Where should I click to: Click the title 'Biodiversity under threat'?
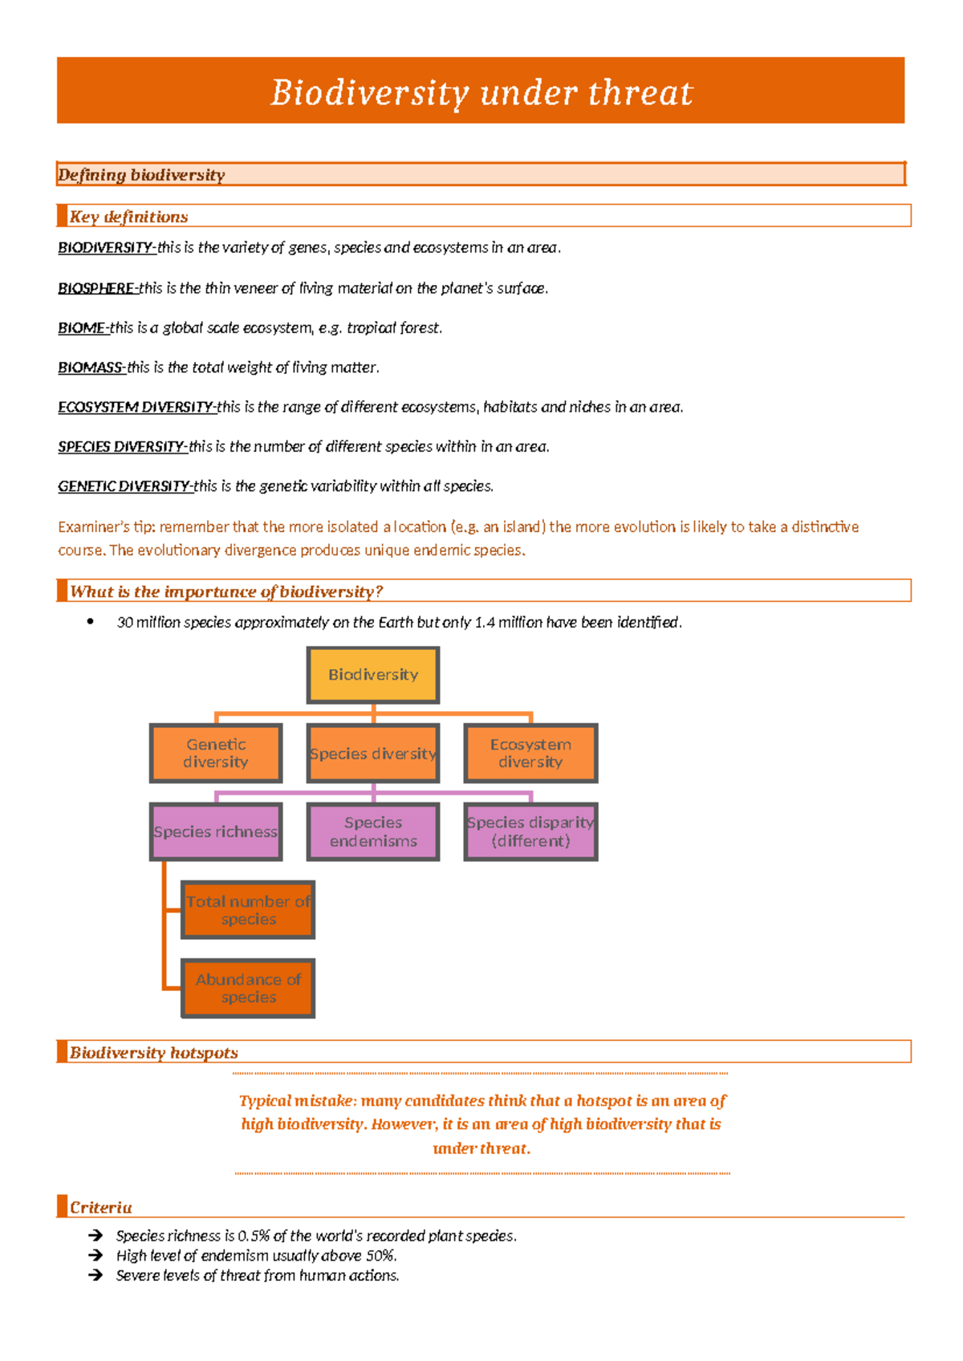click(x=481, y=92)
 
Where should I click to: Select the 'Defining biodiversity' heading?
click(x=141, y=175)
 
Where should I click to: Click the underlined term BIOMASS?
click(x=91, y=368)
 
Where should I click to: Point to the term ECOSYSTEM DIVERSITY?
click(x=136, y=407)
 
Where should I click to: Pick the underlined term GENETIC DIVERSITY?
click(x=124, y=486)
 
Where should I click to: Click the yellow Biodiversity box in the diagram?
click(x=373, y=675)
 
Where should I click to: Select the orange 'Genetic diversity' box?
click(x=216, y=754)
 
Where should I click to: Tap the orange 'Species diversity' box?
click(x=373, y=754)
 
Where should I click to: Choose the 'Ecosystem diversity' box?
click(x=530, y=754)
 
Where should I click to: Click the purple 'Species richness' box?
click(x=216, y=832)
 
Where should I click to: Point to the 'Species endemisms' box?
click(x=373, y=832)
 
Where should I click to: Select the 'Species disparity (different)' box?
click(x=530, y=832)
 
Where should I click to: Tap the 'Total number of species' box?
click(x=248, y=910)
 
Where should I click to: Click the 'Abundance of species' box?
click(x=248, y=988)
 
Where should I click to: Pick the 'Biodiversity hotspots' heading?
click(x=153, y=1053)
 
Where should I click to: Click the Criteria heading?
click(x=100, y=1208)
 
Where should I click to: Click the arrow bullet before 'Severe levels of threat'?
click(x=95, y=1275)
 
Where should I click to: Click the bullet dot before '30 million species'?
click(x=91, y=621)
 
